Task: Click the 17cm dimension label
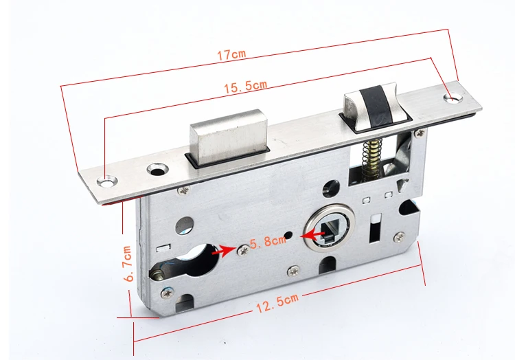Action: (231, 54)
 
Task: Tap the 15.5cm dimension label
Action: (245, 87)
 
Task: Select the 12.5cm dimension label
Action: (277, 303)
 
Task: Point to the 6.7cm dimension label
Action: (127, 263)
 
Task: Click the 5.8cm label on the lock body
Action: (268, 242)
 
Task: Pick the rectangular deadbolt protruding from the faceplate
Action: (228, 137)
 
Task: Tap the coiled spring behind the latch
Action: (370, 157)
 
